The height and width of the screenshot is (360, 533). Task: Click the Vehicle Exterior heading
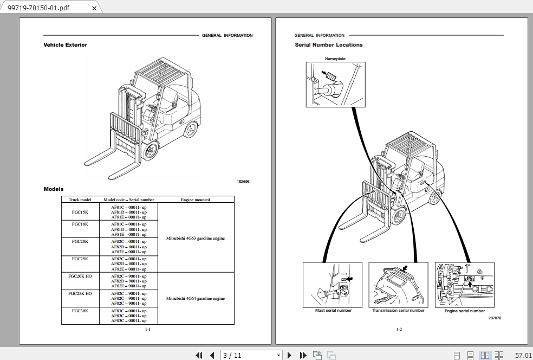point(65,45)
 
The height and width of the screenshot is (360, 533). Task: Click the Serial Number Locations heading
point(328,45)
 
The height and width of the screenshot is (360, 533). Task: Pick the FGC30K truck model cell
point(80,311)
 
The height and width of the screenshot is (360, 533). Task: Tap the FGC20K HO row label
point(80,276)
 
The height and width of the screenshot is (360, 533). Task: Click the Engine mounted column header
point(195,200)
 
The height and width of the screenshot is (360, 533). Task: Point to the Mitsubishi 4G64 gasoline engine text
point(195,299)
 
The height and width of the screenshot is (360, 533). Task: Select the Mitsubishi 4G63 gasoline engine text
point(195,239)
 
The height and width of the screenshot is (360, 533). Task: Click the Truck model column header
point(80,200)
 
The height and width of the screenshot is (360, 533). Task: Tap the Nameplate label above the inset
point(335,59)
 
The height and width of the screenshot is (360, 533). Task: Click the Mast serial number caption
point(333,311)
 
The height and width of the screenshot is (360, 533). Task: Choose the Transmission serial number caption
point(398,311)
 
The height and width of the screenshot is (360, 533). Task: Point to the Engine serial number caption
point(465,311)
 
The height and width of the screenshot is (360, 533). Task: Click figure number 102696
point(243,182)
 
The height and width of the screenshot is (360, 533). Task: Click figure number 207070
point(495,318)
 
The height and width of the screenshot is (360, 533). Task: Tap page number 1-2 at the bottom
point(399,329)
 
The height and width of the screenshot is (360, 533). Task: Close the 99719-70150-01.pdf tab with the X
point(94,8)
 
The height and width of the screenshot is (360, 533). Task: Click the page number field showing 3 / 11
point(251,355)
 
